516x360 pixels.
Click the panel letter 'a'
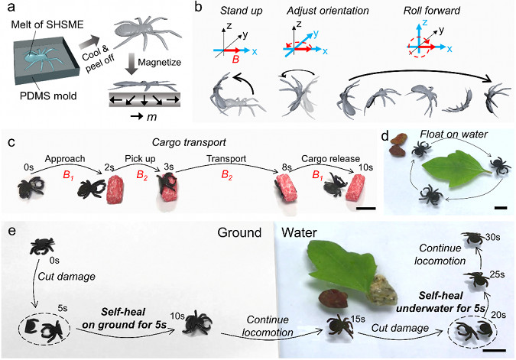point(10,9)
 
